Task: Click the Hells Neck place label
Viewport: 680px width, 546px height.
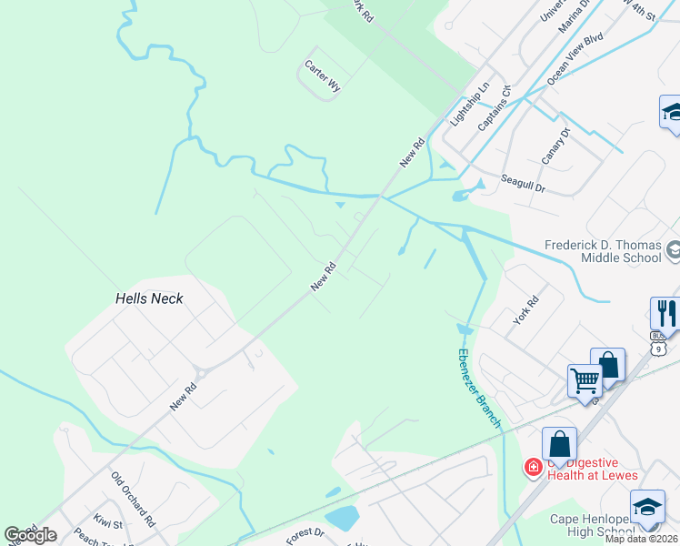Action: coord(149,298)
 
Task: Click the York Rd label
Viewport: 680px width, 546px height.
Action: coord(526,310)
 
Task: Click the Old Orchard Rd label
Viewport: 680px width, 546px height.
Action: coord(134,496)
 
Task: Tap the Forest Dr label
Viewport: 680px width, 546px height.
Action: coord(305,533)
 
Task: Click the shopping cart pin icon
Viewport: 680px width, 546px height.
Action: coord(585,379)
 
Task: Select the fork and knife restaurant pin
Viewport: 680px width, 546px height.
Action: coord(667,313)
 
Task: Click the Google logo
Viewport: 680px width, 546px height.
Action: coord(31,535)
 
